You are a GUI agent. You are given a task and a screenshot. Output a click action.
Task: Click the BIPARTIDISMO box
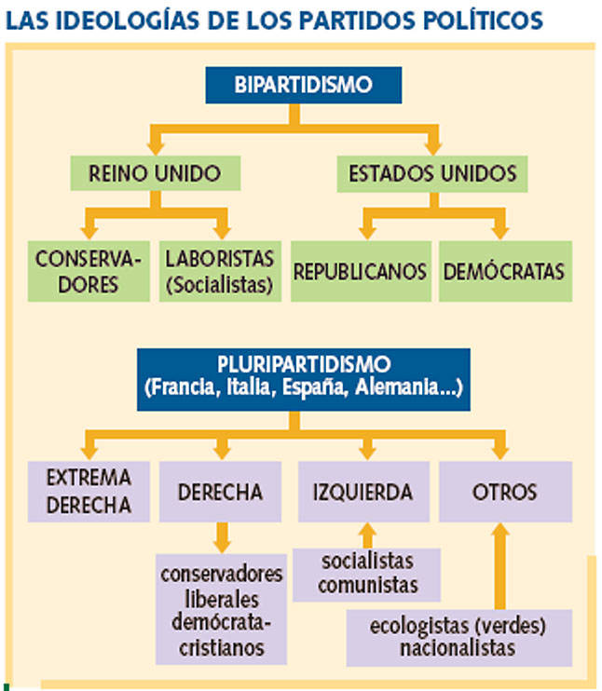[304, 85]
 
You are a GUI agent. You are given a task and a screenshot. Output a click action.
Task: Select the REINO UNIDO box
[156, 173]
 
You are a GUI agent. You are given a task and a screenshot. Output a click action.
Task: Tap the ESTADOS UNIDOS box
[432, 173]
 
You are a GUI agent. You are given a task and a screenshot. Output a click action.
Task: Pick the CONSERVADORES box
[89, 271]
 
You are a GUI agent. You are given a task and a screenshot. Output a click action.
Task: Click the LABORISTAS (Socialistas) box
[220, 271]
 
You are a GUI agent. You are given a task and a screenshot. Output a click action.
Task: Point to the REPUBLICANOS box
[361, 271]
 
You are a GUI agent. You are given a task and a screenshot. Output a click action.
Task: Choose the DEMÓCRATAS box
[505, 271]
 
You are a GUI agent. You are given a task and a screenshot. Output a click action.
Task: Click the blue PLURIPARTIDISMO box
[304, 379]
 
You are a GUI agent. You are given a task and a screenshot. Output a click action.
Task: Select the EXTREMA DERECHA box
[89, 492]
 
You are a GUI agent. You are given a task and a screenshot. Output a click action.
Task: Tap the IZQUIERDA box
[363, 492]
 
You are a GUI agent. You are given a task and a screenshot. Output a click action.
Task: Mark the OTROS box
[505, 492]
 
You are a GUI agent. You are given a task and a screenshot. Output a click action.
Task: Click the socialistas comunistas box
[366, 575]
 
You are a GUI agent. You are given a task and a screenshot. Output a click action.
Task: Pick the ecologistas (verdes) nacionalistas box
[459, 637]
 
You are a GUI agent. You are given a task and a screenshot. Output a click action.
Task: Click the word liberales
[222, 600]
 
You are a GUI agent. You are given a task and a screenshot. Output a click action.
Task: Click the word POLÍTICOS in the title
[483, 20]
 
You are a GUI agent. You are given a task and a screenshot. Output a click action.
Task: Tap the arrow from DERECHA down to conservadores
[223, 537]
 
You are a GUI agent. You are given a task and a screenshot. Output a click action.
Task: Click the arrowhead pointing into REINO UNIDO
[156, 148]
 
